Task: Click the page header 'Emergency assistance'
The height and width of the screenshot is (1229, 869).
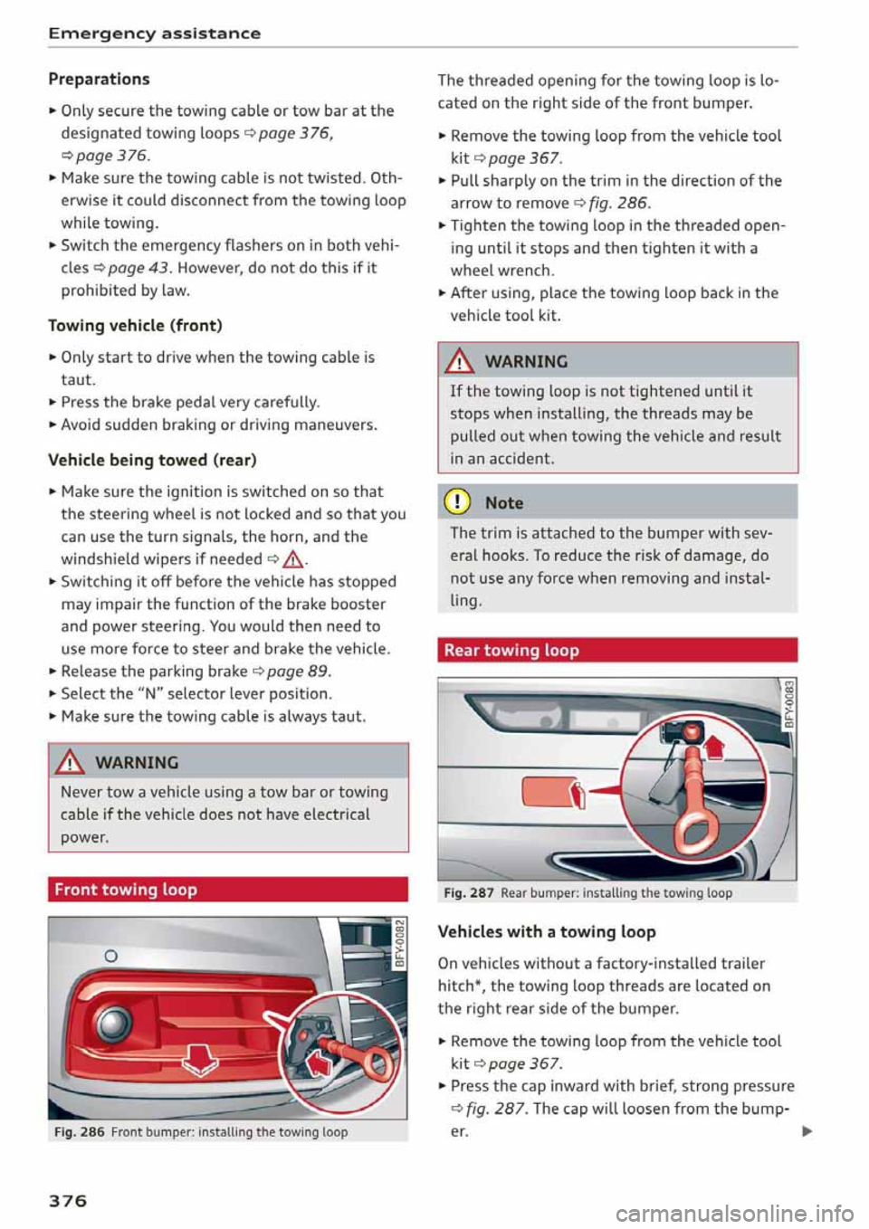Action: pyautogui.click(x=154, y=33)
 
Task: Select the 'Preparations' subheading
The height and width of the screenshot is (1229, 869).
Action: pyautogui.click(x=99, y=79)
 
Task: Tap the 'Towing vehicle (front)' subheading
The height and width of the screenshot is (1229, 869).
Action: pyautogui.click(x=135, y=325)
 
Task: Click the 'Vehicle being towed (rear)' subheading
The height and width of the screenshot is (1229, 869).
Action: pyautogui.click(x=152, y=460)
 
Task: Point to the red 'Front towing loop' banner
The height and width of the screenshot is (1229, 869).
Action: pyautogui.click(x=227, y=890)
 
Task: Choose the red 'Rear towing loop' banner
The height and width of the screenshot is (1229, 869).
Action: pyautogui.click(x=616, y=650)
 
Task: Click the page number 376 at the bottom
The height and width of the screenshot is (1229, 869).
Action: pyautogui.click(x=68, y=1200)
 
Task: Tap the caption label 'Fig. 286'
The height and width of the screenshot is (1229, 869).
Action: pyautogui.click(x=80, y=1131)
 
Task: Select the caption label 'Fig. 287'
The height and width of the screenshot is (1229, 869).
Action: pyautogui.click(x=469, y=892)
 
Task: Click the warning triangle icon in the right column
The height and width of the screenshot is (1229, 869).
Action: pyautogui.click(x=461, y=362)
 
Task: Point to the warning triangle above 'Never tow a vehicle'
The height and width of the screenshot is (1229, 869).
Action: pyautogui.click(x=71, y=763)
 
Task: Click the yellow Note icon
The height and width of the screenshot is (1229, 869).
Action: pyautogui.click(x=461, y=502)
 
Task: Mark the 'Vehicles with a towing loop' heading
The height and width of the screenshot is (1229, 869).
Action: pyautogui.click(x=546, y=931)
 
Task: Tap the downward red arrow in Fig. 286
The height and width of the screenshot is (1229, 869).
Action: pyautogui.click(x=199, y=1057)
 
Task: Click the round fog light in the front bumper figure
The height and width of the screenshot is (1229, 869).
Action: pyautogui.click(x=114, y=1024)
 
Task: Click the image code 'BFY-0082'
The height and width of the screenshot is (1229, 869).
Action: pyautogui.click(x=399, y=944)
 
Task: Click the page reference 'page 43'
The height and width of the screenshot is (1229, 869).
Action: pyautogui.click(x=138, y=267)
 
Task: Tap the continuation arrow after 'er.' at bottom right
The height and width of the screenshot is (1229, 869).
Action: pyautogui.click(x=807, y=1130)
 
